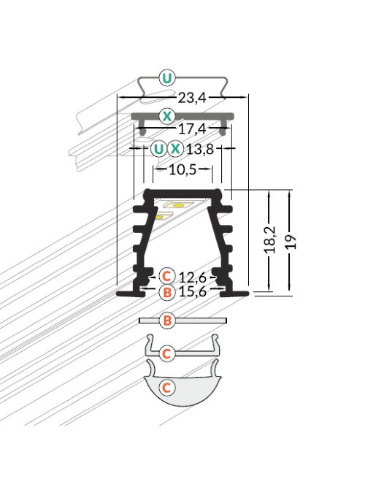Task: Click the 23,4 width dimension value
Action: [x=192, y=98]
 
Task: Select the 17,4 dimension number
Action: [x=192, y=129]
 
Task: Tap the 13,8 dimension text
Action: [x=200, y=150]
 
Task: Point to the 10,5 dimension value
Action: [x=182, y=169]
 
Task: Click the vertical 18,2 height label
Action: [x=270, y=239]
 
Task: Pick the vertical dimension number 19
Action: [x=291, y=242]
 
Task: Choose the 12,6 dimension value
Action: [x=193, y=276]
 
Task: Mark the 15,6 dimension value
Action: [x=193, y=291]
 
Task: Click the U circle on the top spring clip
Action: [x=167, y=78]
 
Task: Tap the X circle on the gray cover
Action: [x=167, y=116]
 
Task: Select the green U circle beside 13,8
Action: [x=158, y=149]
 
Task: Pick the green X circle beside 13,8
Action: [x=175, y=149]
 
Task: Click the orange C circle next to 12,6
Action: [x=167, y=276]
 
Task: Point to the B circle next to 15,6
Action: [x=167, y=292]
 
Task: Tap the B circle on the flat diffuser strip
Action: [x=167, y=321]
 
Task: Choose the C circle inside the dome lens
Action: [x=167, y=387]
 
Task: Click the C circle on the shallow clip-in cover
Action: [x=167, y=353]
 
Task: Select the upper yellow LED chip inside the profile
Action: [x=177, y=205]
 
